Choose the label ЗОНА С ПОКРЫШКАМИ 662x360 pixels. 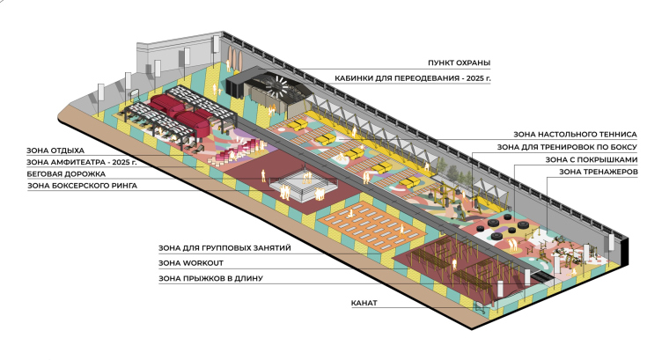589,160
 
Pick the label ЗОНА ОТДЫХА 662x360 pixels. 52,151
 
